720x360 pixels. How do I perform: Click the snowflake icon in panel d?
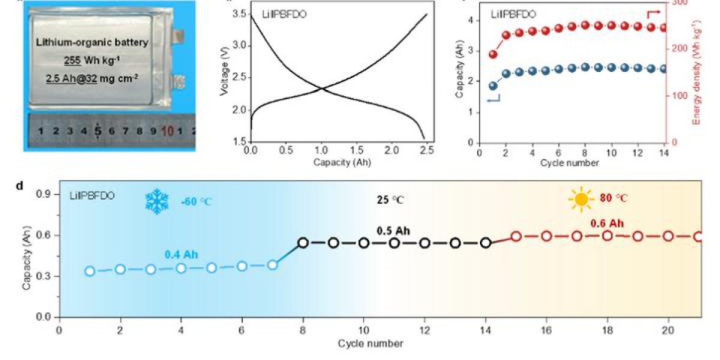[x=158, y=201]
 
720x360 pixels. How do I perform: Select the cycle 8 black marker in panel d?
[x=303, y=243]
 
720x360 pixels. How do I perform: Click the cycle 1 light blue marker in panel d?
[x=90, y=271]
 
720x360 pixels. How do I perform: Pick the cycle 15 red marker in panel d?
[x=516, y=236]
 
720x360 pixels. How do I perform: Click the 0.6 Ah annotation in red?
[x=607, y=224]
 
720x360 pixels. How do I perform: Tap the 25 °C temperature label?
[x=390, y=200]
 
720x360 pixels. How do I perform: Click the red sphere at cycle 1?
[x=493, y=55]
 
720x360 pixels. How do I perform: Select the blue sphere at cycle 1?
[x=493, y=86]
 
